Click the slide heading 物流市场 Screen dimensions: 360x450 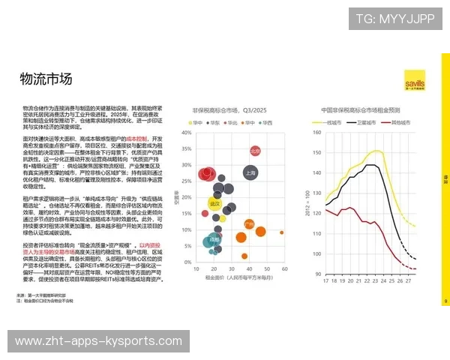click(46, 79)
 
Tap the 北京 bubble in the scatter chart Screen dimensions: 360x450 click(255, 151)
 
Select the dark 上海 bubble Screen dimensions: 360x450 click(250, 172)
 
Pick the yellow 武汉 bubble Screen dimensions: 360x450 click(215, 202)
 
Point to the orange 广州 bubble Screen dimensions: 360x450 click(250, 223)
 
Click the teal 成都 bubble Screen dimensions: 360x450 click(214, 241)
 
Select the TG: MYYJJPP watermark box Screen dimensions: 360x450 click(394, 18)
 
